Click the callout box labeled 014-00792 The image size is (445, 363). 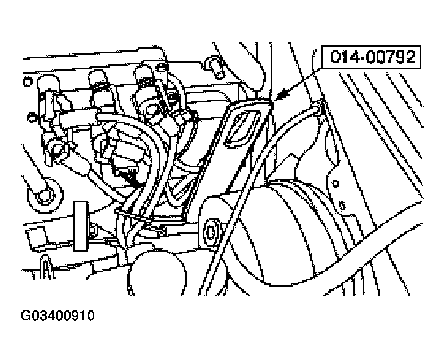[x=371, y=57]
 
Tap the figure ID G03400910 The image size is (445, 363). [x=58, y=316]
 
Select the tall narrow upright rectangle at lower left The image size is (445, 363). [x=81, y=226]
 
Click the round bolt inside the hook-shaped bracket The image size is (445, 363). [x=44, y=196]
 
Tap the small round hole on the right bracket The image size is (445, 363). [x=336, y=184]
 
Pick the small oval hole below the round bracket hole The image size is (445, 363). [x=343, y=205]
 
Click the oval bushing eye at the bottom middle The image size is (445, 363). [x=211, y=232]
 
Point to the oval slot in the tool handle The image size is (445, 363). [x=241, y=128]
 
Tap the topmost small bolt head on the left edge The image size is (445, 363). [x=28, y=82]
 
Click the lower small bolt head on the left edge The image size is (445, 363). [x=32, y=116]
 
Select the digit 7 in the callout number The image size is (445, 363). [x=392, y=57]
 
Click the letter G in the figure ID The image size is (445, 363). [x=25, y=316]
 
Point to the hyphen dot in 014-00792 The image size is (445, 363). [x=362, y=58]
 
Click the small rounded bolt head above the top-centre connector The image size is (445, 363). [x=161, y=68]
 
